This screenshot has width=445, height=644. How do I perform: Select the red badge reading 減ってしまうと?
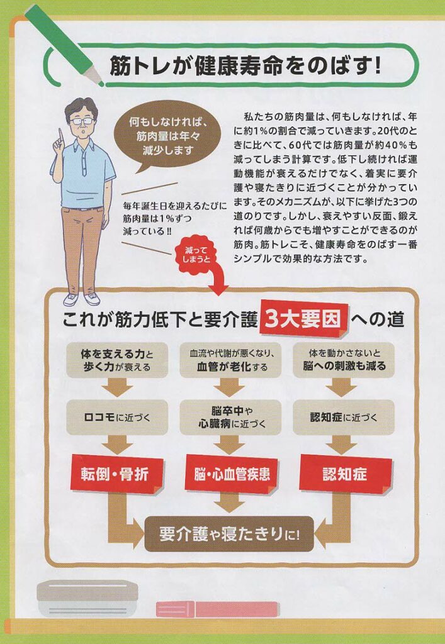(x=198, y=255)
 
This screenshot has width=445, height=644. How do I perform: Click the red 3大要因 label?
(x=304, y=318)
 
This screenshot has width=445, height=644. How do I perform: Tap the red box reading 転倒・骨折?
(x=116, y=474)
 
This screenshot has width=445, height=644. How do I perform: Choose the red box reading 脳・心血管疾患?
(x=232, y=474)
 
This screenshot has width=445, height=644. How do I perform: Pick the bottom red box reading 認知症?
(x=344, y=474)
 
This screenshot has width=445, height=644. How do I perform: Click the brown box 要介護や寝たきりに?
(x=229, y=534)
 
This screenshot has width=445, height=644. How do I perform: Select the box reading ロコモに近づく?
(x=117, y=418)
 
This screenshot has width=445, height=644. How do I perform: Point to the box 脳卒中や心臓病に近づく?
(x=230, y=418)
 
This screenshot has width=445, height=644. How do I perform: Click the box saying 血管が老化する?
(x=230, y=360)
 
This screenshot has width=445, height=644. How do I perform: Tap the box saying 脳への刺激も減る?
(x=344, y=360)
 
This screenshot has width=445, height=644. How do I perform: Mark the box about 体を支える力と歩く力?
(x=117, y=360)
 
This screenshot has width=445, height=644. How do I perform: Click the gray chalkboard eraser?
(x=88, y=598)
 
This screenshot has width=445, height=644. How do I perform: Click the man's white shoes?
(x=81, y=299)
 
